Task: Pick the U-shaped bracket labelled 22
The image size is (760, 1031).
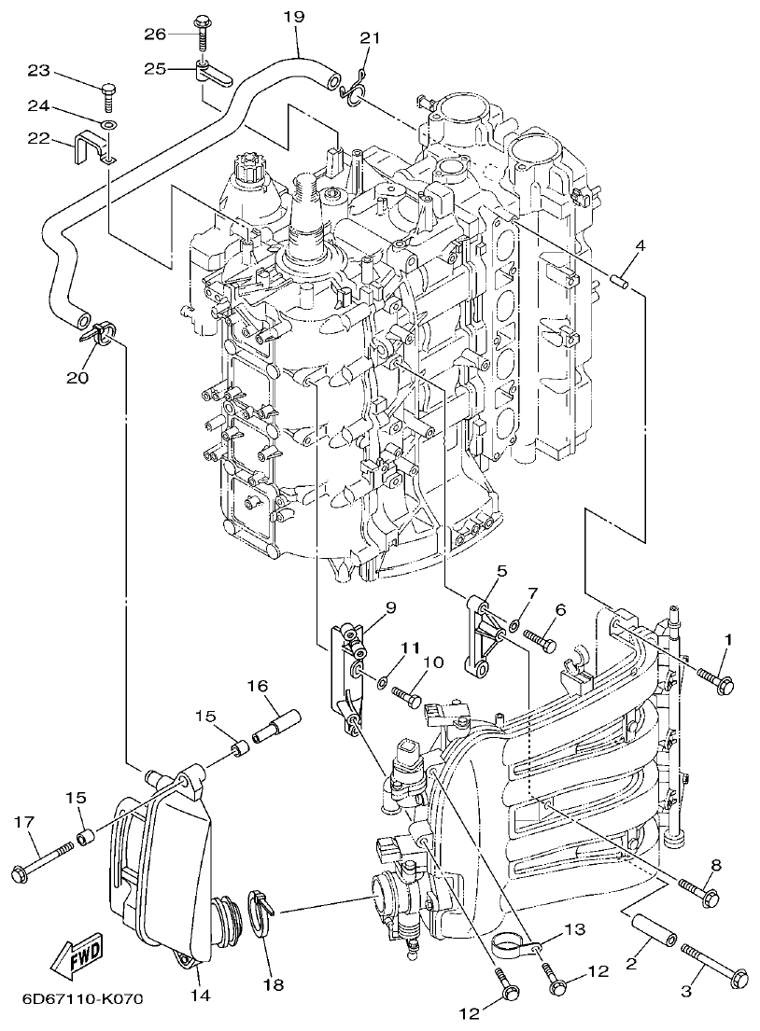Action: [91, 150]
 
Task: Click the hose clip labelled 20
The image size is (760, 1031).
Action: [100, 331]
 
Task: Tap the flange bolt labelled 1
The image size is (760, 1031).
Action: [713, 679]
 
